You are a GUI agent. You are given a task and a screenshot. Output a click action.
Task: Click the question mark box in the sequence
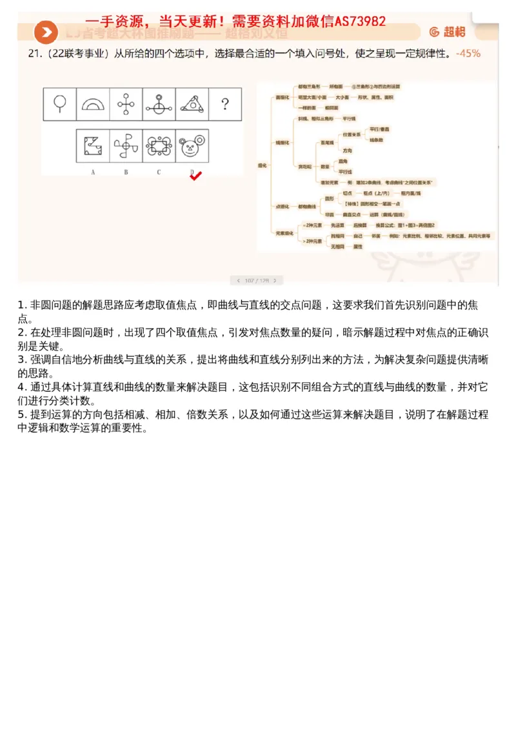[224, 104]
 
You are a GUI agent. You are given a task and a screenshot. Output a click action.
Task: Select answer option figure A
[93, 146]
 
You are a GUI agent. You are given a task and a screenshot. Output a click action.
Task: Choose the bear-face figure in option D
[191, 146]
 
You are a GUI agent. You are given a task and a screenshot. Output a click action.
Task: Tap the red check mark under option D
[196, 176]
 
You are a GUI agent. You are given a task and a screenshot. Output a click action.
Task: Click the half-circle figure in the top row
[93, 104]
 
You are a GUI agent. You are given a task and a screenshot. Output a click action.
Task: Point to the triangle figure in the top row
[192, 104]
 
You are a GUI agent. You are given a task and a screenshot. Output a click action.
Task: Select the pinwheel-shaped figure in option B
[126, 146]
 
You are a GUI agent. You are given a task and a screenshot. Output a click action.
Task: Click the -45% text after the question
[468, 54]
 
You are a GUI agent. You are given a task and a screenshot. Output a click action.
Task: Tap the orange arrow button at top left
[46, 32]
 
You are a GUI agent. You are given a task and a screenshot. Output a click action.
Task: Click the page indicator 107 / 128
[256, 281]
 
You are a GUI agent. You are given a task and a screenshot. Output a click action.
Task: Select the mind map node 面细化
[283, 97]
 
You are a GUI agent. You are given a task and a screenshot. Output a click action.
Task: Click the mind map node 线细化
[283, 142]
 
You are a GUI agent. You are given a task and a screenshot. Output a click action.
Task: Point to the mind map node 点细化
[283, 206]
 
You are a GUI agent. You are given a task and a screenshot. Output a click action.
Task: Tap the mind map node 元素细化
[284, 233]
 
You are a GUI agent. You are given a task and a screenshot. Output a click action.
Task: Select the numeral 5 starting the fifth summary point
[21, 414]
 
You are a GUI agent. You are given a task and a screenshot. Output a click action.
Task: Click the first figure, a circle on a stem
[60, 104]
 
